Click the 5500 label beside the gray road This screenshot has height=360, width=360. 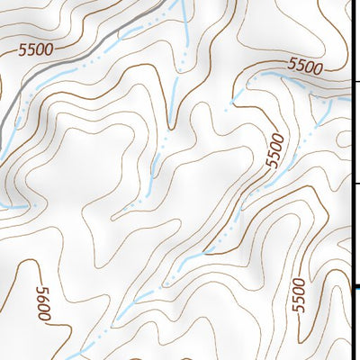point(35,49)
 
